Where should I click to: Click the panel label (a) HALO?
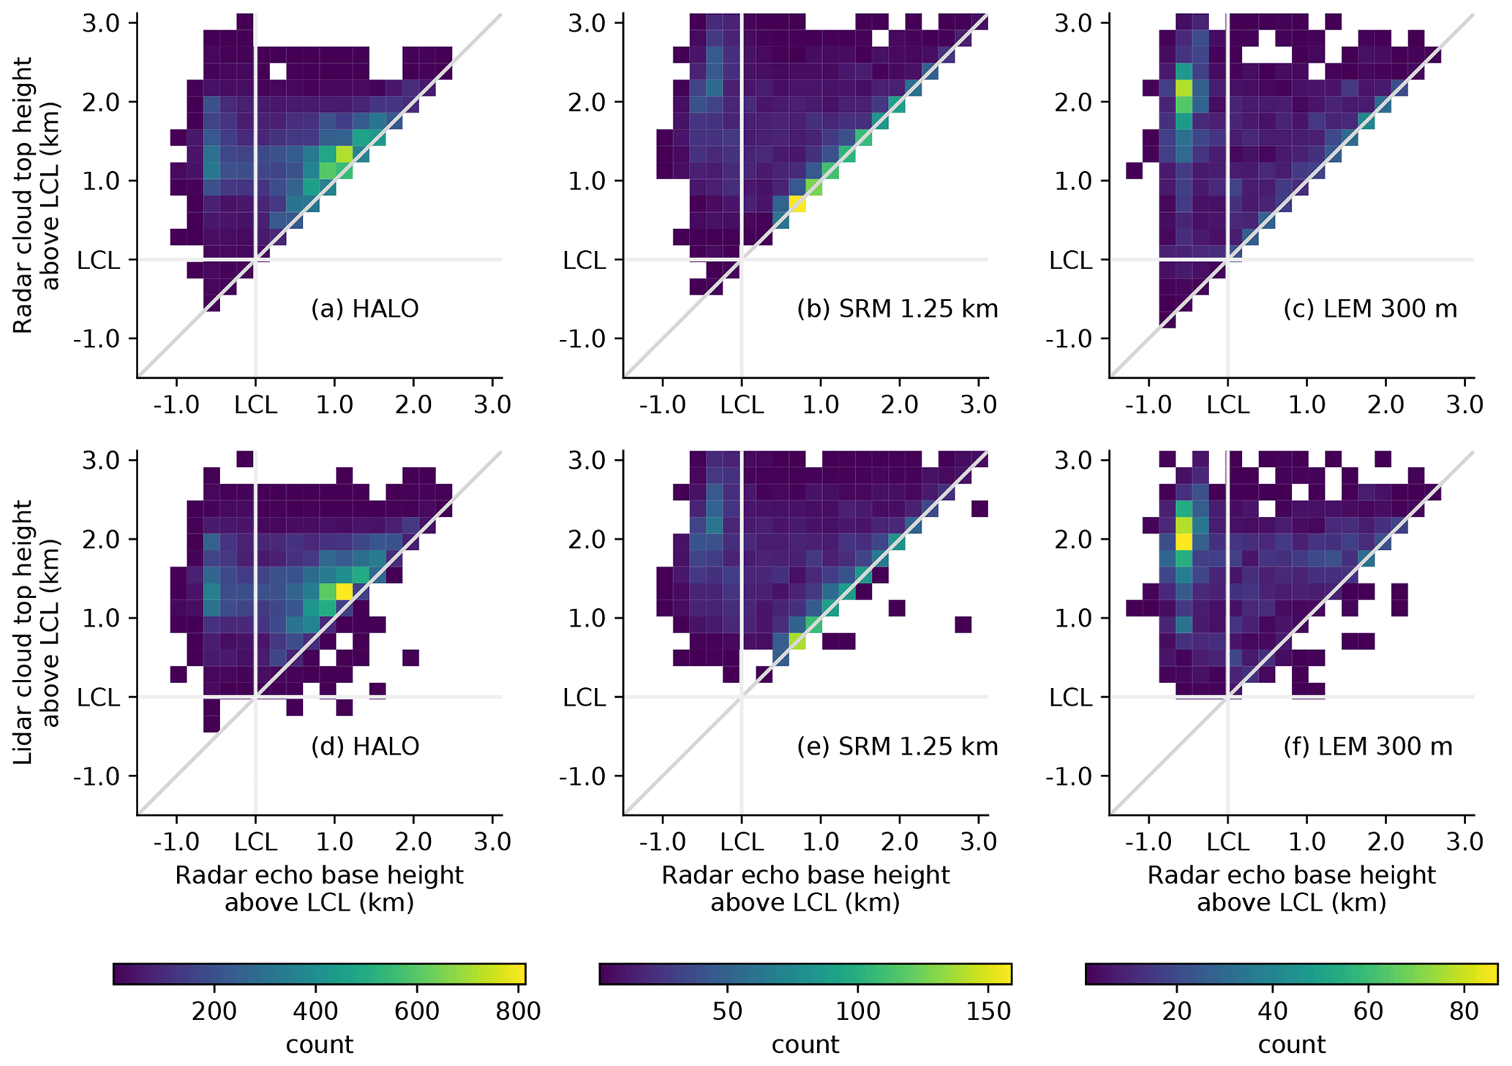[364, 309]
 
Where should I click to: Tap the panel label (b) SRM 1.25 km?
[897, 309]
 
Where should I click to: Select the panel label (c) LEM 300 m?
[1369, 309]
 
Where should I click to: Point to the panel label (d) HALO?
[364, 746]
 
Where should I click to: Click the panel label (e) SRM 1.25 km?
[897, 746]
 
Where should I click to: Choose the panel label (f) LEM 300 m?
[1367, 746]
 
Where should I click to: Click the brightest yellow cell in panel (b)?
[797, 204]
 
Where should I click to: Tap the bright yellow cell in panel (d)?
[344, 591]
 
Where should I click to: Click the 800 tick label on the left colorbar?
[517, 1011]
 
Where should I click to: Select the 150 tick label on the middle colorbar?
[988, 1011]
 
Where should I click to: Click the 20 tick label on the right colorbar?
[1177, 1011]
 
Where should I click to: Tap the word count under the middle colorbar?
[805, 1045]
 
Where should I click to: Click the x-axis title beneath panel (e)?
[805, 889]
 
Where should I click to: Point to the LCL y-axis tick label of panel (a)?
[98, 260]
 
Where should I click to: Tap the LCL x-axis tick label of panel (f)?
[1227, 842]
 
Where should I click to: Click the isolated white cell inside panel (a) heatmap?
[277, 71]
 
